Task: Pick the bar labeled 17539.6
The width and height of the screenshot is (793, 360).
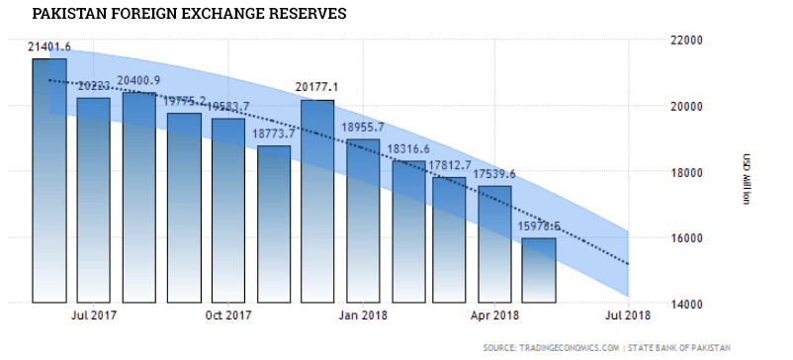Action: click(494, 242)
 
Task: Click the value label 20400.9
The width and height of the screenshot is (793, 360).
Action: click(139, 80)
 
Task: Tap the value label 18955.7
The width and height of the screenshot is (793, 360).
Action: click(363, 128)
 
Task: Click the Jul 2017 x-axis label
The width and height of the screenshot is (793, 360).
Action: click(93, 316)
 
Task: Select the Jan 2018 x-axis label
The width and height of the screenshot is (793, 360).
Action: click(363, 316)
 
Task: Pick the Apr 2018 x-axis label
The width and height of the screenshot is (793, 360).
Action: click(495, 316)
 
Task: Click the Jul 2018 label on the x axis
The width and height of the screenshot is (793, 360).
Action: click(630, 316)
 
